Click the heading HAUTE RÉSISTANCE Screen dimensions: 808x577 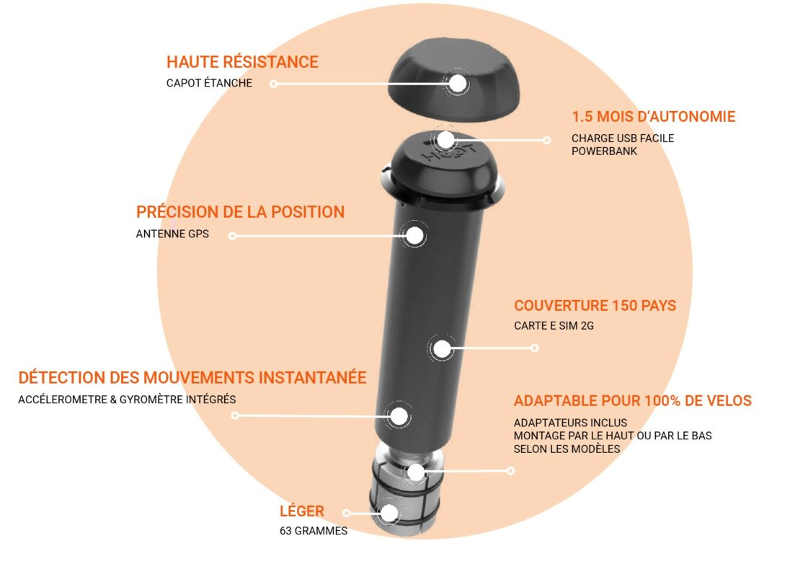coord(242,62)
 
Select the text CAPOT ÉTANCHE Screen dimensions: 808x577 coord(209,83)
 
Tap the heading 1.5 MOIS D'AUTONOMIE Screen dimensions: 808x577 coord(654,117)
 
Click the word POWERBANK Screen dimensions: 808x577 coord(605,151)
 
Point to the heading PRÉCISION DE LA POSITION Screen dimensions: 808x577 coord(240,212)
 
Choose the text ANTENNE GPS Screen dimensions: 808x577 coord(172,234)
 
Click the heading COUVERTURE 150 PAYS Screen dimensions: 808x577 coord(595,305)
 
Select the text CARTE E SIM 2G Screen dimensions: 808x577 coord(554,326)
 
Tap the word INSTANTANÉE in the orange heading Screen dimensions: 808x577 coord(312,377)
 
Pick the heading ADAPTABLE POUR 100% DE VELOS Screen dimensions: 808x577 coord(633,400)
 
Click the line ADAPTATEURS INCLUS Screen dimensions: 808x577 coord(570,423)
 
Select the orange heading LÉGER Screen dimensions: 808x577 coord(302,511)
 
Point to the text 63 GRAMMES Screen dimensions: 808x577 coord(314,531)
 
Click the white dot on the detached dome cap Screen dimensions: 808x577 coord(458,83)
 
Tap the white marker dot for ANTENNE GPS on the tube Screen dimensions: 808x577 coord(415,236)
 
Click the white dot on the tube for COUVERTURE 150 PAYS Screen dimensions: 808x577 coord(442,349)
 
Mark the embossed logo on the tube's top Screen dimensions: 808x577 coord(449,151)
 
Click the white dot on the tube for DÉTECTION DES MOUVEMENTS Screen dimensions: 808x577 coord(399,416)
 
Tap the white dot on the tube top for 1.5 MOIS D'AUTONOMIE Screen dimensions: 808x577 coord(445,139)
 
